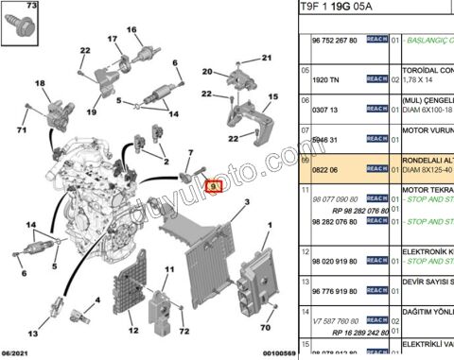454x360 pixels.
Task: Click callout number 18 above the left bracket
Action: (40, 84)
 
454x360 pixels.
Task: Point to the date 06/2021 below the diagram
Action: (19, 352)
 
